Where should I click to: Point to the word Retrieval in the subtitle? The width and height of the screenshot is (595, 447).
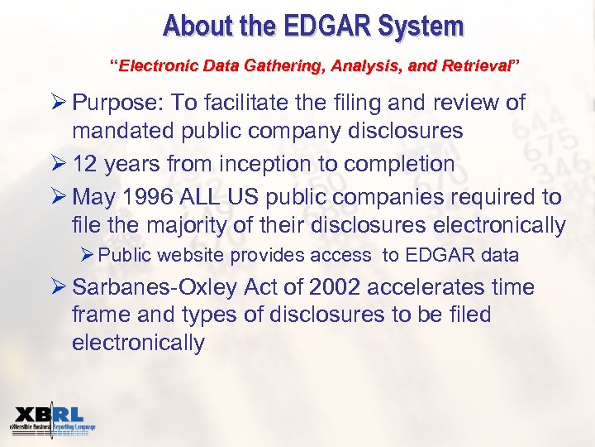[478, 64]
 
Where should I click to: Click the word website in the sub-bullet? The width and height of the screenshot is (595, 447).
[195, 256]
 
